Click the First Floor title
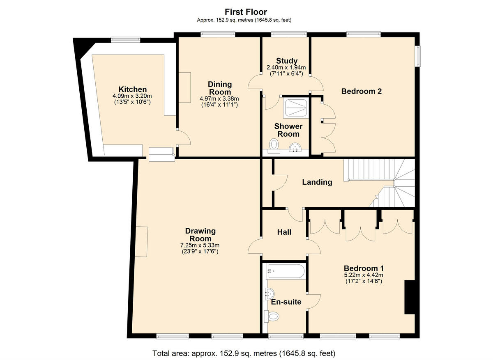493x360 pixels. point(246,12)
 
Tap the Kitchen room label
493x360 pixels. point(132,89)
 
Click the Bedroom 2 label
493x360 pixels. point(361,91)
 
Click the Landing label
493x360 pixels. point(317,182)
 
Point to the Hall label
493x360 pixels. point(284,232)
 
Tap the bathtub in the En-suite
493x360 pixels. point(286,271)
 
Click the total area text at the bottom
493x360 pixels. point(244,353)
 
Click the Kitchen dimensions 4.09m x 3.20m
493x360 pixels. point(132,99)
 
